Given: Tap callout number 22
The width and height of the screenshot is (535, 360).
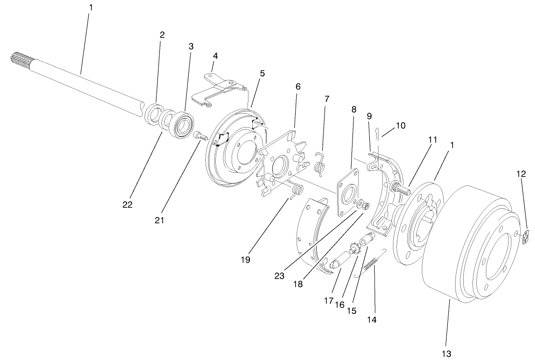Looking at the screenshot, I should [127, 205].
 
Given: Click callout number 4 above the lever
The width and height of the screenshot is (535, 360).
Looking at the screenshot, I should [215, 56].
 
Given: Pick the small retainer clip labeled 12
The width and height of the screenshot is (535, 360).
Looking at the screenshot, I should [527, 237].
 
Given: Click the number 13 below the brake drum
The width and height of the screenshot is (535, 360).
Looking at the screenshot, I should [446, 354].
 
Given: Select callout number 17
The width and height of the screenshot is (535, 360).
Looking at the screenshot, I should [328, 301].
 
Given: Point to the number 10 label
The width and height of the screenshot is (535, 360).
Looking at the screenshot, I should [401, 126].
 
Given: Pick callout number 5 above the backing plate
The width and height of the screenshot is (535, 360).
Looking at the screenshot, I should [262, 74].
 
